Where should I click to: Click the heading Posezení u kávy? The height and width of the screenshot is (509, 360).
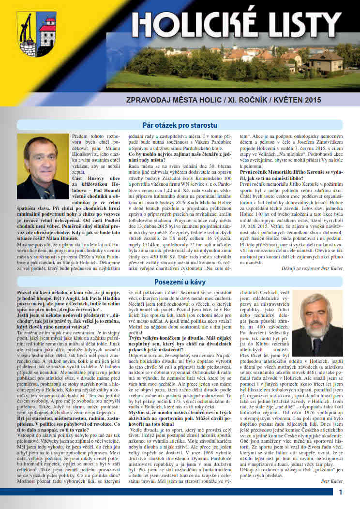tap(180, 281)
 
